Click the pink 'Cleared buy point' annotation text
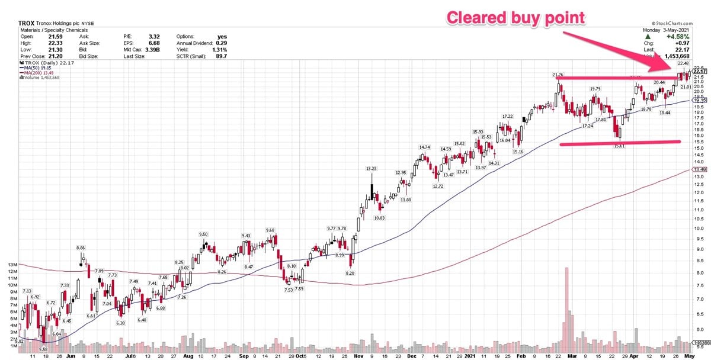point(515,18)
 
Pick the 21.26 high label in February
point(557,75)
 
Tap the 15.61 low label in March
point(620,146)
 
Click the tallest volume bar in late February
point(566,302)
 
